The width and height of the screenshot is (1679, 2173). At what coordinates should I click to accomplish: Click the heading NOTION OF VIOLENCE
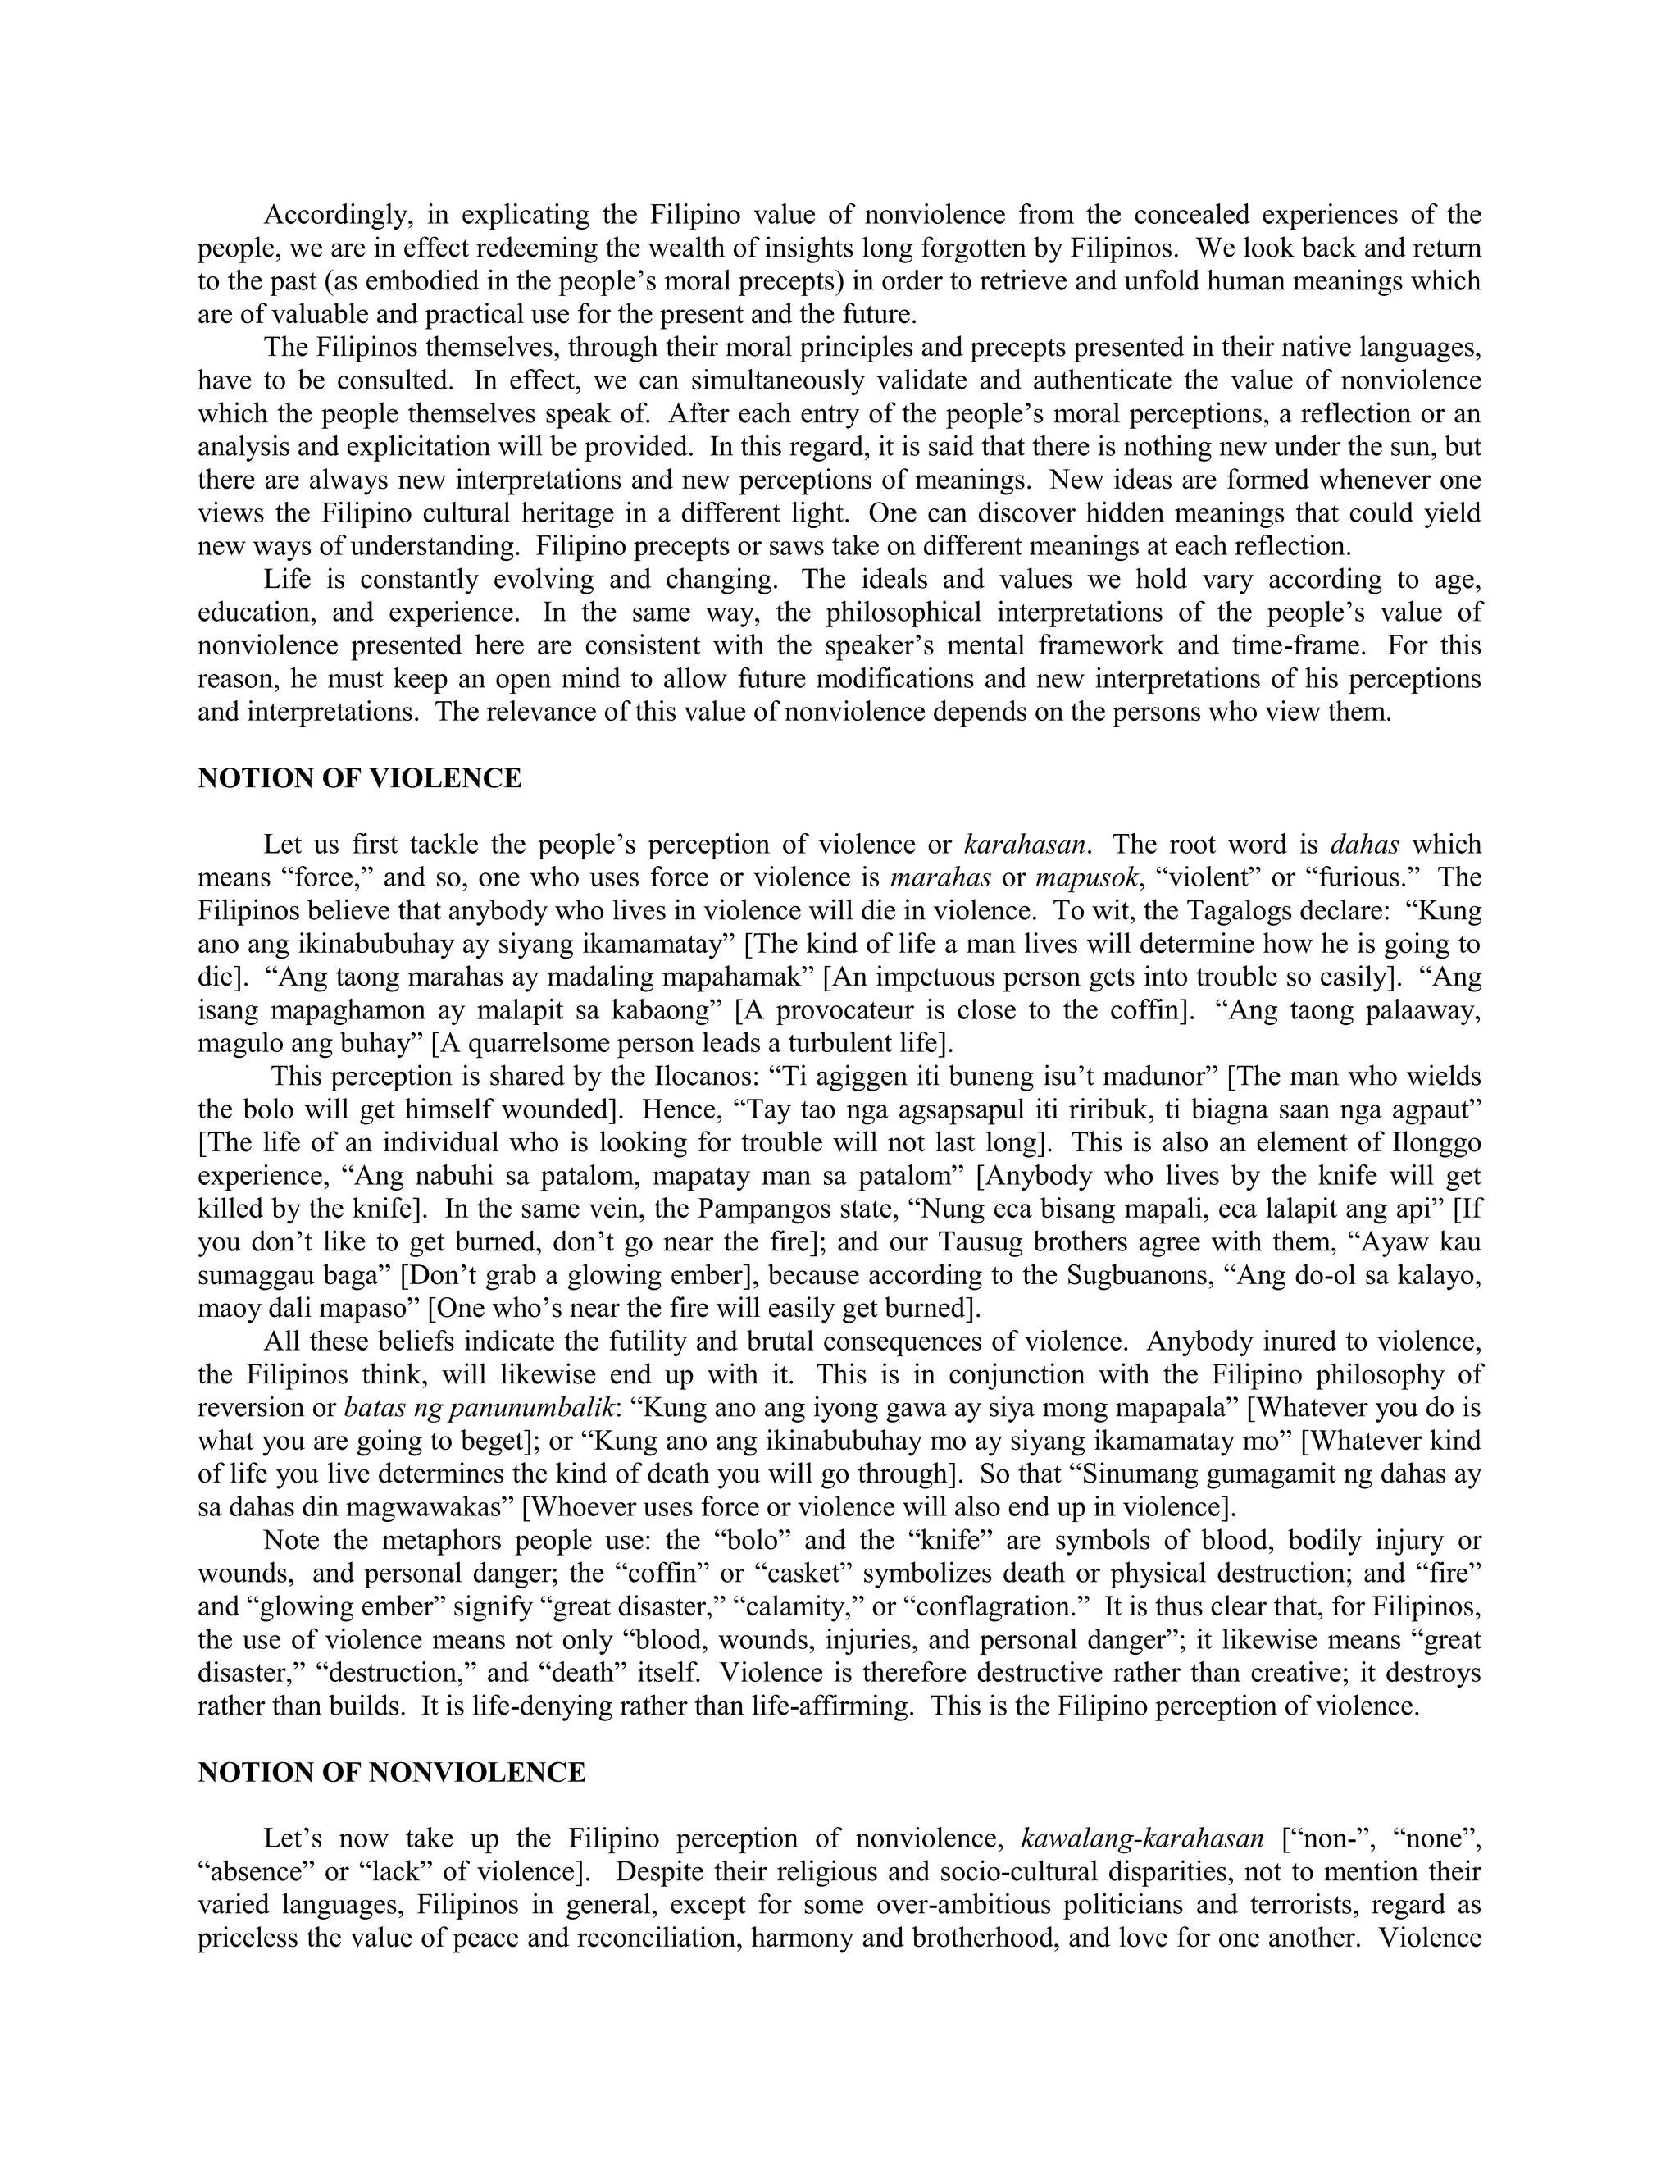359,779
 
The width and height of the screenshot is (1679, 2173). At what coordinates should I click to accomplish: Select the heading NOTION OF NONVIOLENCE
391,1772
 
